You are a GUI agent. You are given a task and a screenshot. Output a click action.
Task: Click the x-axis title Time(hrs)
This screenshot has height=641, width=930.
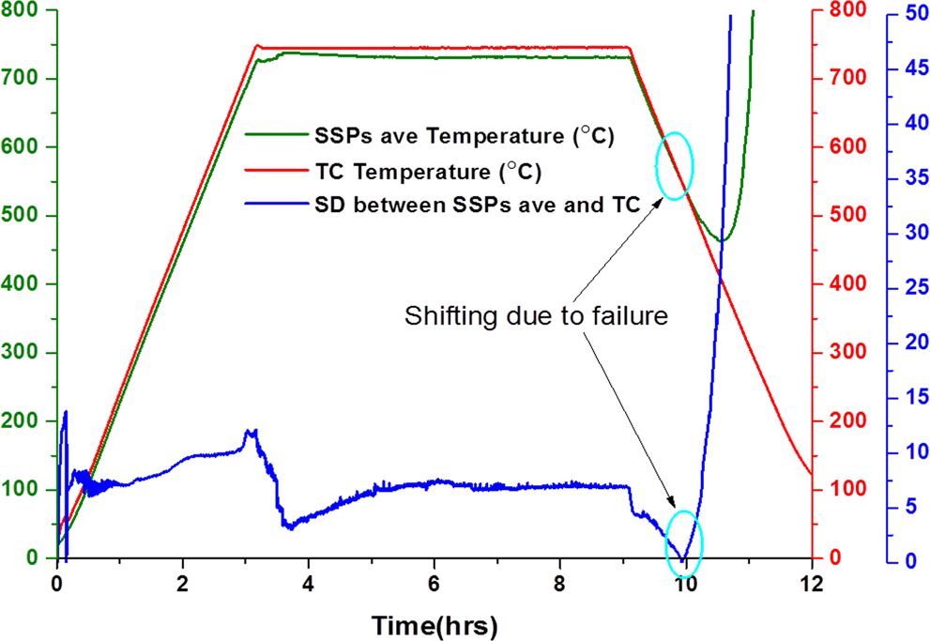point(434,624)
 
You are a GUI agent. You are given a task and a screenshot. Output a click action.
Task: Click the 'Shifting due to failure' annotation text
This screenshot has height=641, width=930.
point(536,316)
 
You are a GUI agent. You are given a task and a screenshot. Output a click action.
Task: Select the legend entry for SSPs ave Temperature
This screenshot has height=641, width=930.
point(464,136)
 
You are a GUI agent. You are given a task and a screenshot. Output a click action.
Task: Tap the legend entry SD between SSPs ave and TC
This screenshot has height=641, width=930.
point(477,206)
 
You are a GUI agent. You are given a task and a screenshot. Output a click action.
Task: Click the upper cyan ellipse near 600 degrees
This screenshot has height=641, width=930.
point(675,166)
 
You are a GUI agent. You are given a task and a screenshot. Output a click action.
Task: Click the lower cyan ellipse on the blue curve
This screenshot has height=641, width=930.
point(684,537)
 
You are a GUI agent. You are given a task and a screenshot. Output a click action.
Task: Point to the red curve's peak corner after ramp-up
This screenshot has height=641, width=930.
point(257,45)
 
